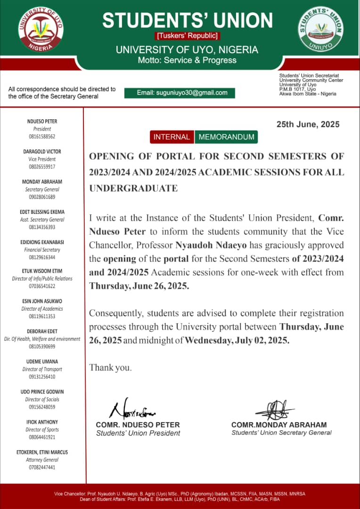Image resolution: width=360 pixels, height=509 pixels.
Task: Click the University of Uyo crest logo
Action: coord(41,29)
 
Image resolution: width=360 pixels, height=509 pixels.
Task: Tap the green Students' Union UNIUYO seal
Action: coord(321,28)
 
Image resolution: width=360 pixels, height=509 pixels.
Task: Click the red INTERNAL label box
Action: coord(172,137)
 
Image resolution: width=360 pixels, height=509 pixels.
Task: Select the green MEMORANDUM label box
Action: coord(226,137)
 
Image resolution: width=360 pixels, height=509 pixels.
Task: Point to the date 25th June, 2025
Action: coord(308,124)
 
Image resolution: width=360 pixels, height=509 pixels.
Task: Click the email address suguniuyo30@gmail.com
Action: coord(182,93)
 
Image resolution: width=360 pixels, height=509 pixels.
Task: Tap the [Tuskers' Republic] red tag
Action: coord(188,36)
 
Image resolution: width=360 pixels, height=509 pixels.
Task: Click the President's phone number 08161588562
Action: coord(42,137)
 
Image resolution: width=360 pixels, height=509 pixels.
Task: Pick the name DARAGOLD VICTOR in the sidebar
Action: coord(42,152)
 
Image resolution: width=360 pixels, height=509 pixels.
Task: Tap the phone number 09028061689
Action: coord(42,197)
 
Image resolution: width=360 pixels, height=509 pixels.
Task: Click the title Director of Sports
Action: coord(42,430)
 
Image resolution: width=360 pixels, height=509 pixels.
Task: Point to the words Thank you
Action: coord(111,367)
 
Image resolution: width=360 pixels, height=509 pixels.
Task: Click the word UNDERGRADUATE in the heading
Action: coord(133,189)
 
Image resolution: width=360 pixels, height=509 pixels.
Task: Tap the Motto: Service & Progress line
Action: coord(187,60)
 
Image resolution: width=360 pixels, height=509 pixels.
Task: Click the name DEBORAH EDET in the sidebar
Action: coord(42,331)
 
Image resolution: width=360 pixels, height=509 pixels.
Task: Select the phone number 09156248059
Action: coord(42,407)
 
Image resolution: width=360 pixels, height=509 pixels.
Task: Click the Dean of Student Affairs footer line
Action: coord(180,499)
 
